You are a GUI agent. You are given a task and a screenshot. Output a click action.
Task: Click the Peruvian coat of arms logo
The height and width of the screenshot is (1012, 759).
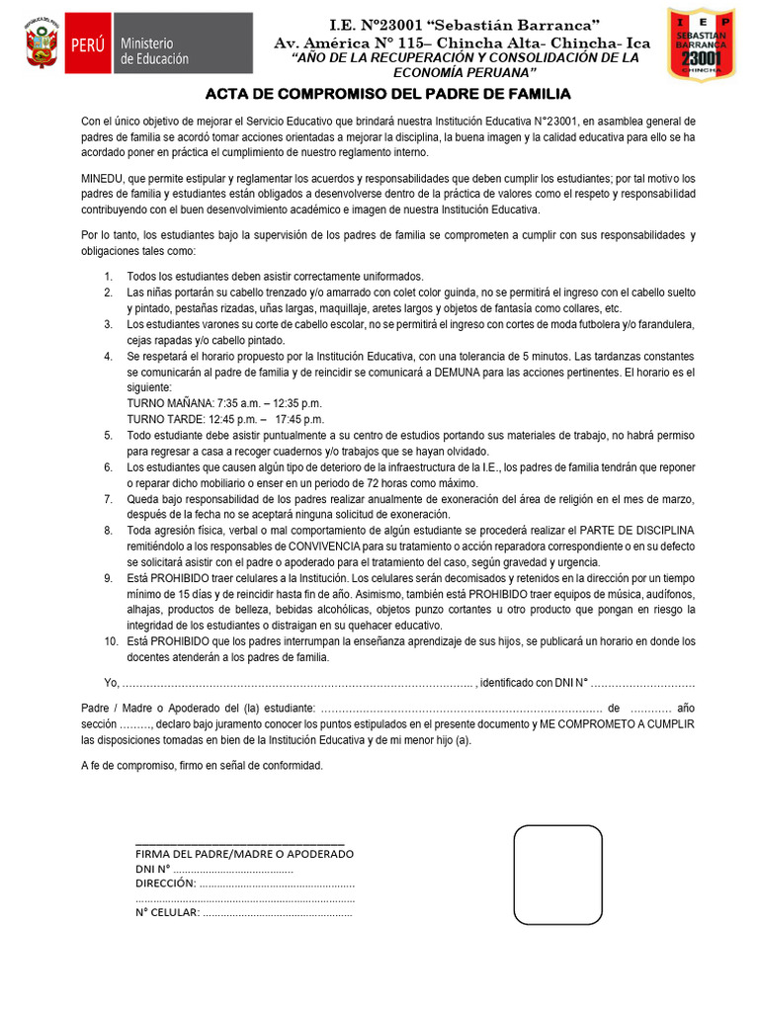point(42,42)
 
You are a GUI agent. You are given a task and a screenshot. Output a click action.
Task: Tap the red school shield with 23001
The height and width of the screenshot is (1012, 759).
point(701,46)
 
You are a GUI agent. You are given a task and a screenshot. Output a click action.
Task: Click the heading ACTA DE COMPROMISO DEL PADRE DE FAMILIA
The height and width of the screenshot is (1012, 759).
point(387,94)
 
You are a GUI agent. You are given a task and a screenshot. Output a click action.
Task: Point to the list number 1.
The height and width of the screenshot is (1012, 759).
point(108,277)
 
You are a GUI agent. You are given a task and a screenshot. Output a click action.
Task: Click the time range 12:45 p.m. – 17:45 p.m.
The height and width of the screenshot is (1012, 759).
point(255,419)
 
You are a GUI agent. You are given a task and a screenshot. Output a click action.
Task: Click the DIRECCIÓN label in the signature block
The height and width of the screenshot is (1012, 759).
point(165,884)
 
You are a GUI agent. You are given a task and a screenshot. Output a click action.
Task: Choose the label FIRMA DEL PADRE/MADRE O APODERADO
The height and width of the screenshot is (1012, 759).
point(244,854)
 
